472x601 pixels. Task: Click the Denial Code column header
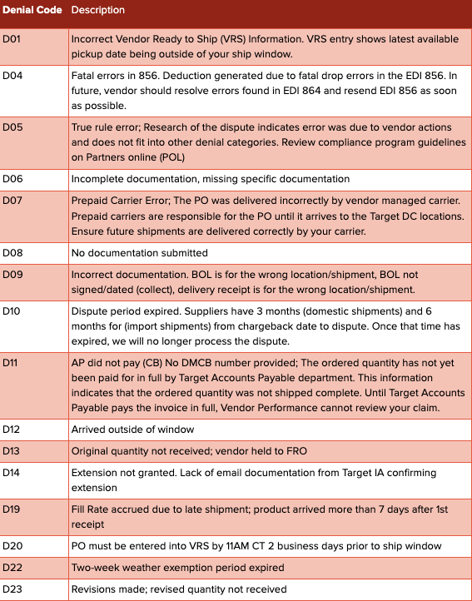[x=33, y=10]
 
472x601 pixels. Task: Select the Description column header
[x=98, y=10]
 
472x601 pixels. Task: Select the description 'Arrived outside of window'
[x=132, y=429]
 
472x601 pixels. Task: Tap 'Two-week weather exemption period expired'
[x=177, y=568]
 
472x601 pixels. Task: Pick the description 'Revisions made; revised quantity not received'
[x=179, y=589]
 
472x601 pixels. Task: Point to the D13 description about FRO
[x=181, y=450]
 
